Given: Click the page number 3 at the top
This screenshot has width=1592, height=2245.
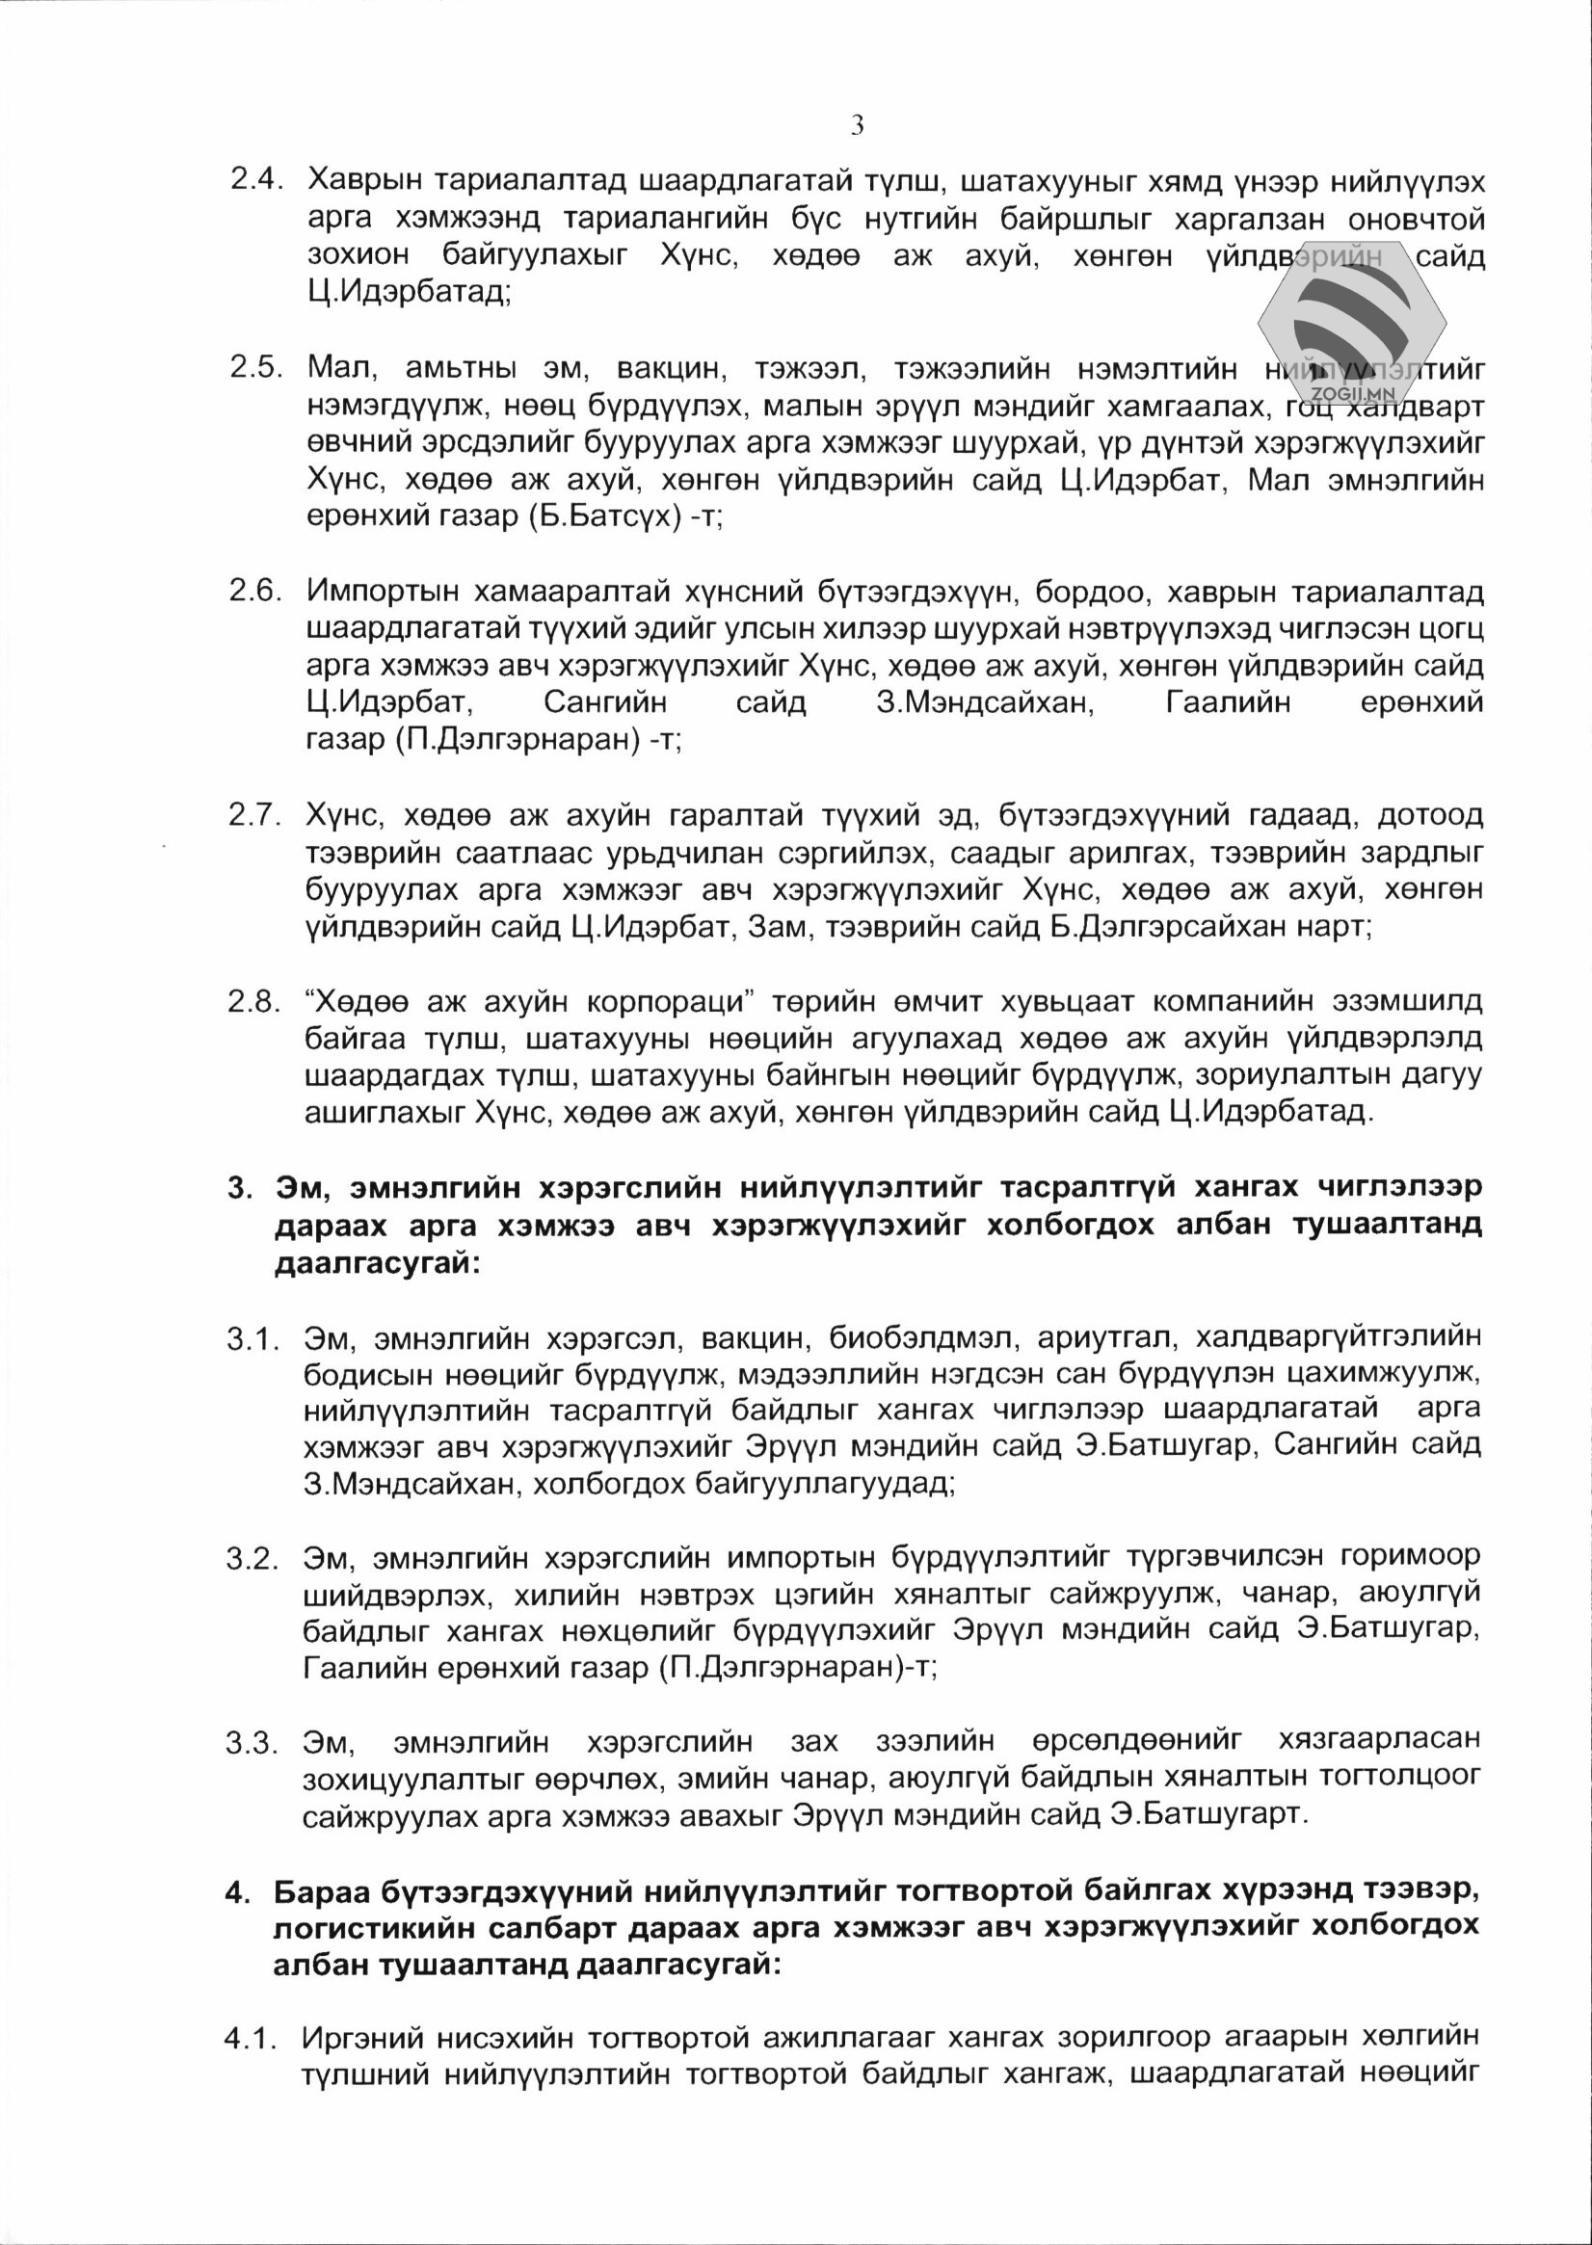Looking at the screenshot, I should pyautogui.click(x=857, y=125).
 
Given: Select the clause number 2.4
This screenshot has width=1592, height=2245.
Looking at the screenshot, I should pyautogui.click(x=257, y=181).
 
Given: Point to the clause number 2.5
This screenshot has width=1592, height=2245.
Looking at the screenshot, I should pyautogui.click(x=257, y=368).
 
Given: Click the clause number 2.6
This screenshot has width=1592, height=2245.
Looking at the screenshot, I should pyautogui.click(x=257, y=591).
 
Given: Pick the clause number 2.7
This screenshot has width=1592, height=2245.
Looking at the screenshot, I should pyautogui.click(x=257, y=814).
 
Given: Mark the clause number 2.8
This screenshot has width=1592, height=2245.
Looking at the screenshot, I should pyautogui.click(x=257, y=1001).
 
